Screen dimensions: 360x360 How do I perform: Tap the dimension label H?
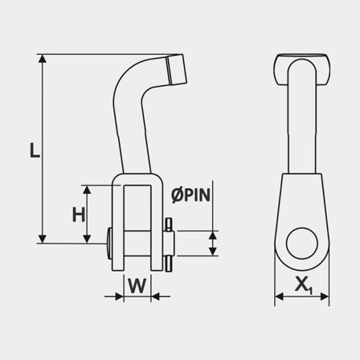(x=78, y=214)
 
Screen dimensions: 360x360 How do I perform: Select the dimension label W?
(x=137, y=285)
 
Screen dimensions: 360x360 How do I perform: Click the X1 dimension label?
(x=303, y=284)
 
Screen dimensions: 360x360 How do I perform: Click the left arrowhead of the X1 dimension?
(x=279, y=297)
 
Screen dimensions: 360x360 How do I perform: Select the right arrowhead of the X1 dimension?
(x=327, y=297)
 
